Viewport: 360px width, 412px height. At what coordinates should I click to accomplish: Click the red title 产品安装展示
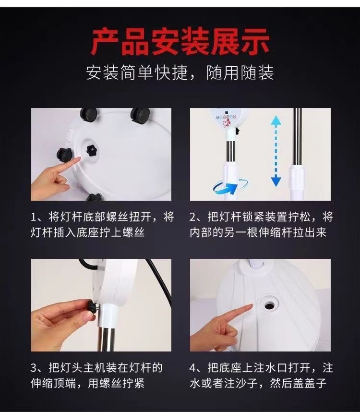point(180,42)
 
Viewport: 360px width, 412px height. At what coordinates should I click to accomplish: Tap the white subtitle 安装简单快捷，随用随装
point(180,72)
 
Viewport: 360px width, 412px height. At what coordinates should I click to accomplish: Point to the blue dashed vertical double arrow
point(276,151)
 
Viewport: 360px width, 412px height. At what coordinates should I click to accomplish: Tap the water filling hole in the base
point(269,305)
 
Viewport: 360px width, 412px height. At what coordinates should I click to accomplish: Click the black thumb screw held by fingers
point(93,306)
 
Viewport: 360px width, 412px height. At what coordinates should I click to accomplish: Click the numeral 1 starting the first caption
point(33,218)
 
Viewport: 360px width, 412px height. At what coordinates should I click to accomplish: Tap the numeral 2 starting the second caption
point(192,218)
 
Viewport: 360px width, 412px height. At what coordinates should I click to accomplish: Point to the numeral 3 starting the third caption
point(34,368)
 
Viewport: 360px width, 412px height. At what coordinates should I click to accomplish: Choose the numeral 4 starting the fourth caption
point(192,368)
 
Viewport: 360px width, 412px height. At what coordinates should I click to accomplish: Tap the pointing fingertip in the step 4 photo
point(251,305)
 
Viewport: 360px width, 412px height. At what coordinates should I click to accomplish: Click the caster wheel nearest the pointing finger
point(64,154)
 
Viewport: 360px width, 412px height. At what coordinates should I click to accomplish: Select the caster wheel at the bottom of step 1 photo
point(94,197)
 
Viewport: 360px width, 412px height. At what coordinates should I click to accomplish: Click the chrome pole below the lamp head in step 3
point(107,339)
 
